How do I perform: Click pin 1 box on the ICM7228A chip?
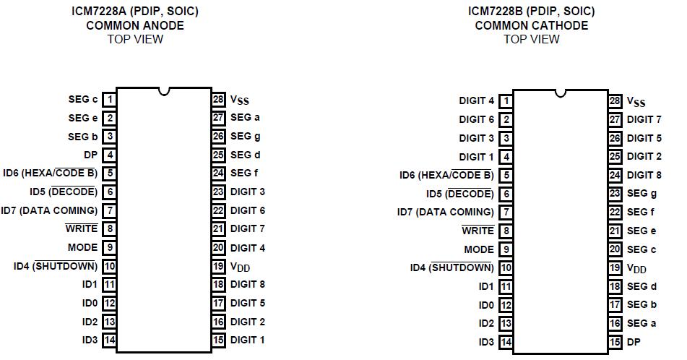[x=110, y=99]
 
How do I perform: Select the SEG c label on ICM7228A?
[x=83, y=99]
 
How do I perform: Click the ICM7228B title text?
[x=531, y=12]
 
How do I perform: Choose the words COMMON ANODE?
[x=135, y=25]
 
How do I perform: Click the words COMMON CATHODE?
[x=531, y=25]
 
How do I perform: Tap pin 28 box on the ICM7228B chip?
[x=615, y=101]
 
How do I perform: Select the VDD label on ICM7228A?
[x=241, y=266]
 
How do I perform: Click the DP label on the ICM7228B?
[x=634, y=341]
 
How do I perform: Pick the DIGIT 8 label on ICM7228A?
[x=248, y=284]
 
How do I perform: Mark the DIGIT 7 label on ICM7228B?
[x=644, y=119]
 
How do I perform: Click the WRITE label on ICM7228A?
[x=81, y=228]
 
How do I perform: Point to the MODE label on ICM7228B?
[x=479, y=249]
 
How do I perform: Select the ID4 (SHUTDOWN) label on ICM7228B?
[x=451, y=267]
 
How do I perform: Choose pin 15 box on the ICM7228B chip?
[x=615, y=342]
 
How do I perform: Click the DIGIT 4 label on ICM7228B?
[x=477, y=101]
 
